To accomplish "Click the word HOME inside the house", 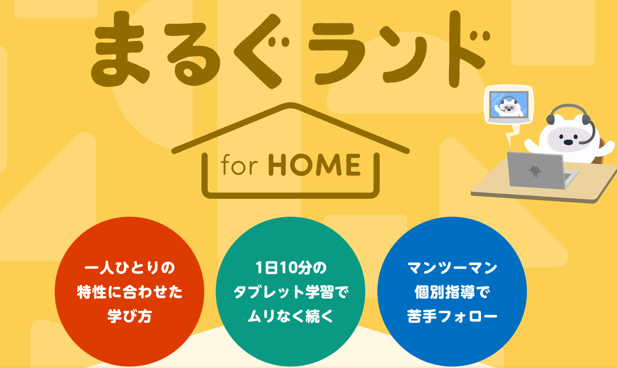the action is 314,164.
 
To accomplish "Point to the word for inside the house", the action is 239,164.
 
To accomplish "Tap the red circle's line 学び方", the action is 129,316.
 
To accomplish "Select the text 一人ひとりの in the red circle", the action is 129,268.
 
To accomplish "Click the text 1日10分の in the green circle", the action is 291,268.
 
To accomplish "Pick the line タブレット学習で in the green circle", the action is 291,292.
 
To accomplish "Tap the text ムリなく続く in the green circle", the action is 291,316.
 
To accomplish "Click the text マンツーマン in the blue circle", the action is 452,268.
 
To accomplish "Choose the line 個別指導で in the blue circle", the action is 452,292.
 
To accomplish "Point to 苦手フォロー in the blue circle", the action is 452,316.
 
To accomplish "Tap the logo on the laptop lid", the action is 535,171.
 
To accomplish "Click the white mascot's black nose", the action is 568,142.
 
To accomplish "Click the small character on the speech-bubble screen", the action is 509,107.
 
